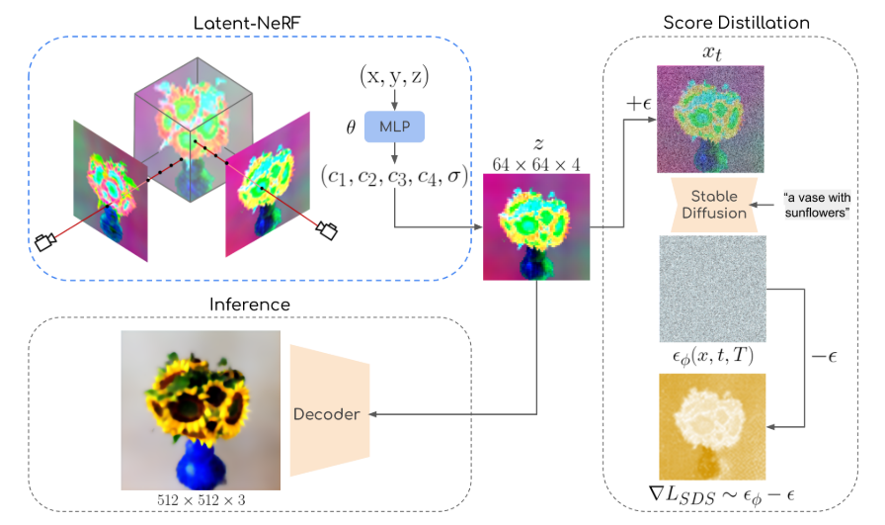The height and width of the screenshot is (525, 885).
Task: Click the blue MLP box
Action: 394,128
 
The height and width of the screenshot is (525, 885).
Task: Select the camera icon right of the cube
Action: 326,229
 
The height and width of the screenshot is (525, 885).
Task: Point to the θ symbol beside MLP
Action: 347,127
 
